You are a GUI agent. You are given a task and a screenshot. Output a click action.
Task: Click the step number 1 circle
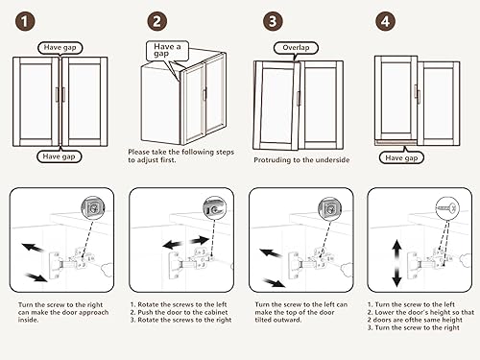click(25, 22)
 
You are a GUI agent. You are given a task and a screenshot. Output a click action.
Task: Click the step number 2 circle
click(156, 22)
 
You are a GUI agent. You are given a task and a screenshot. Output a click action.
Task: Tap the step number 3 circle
click(273, 22)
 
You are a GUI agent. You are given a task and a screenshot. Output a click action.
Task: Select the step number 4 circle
click(385, 22)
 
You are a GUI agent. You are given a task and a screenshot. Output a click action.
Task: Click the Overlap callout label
click(296, 48)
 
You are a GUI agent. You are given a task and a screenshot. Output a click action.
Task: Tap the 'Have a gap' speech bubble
click(167, 51)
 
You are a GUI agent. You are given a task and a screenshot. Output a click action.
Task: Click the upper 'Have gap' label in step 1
click(60, 48)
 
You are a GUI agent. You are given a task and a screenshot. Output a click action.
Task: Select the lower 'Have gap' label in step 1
click(59, 156)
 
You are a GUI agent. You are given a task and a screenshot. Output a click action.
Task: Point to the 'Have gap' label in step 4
click(401, 157)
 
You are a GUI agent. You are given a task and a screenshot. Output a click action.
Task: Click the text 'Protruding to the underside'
click(301, 160)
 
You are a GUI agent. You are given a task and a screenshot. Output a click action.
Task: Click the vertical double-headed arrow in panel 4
click(396, 263)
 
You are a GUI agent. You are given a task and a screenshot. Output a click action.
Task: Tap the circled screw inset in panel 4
click(447, 208)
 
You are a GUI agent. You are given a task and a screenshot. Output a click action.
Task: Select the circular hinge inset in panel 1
click(93, 208)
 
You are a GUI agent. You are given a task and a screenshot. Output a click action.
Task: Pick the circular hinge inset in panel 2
click(215, 208)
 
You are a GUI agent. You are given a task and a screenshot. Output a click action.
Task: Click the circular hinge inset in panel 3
click(330, 208)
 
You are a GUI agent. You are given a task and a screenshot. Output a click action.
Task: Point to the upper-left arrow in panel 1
click(33, 248)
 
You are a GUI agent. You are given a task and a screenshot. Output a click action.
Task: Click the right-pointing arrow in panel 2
click(199, 240)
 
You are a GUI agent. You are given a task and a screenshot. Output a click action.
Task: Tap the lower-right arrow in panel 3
click(274, 282)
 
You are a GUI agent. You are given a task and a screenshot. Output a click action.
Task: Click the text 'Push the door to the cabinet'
click(182, 312)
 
